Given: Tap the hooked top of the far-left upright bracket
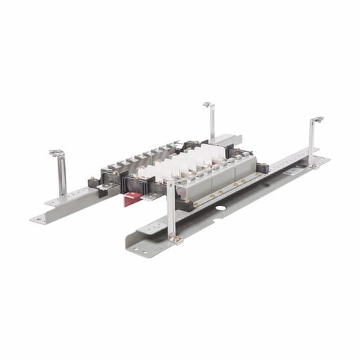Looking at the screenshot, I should tap(56, 153).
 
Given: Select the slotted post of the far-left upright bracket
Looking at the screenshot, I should tap(62, 179).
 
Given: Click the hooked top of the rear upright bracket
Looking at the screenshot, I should tap(208, 105).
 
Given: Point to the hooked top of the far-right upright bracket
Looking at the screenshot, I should tap(317, 120).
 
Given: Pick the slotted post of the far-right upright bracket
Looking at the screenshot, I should tap(311, 144).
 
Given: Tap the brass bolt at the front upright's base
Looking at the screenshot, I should tap(177, 239).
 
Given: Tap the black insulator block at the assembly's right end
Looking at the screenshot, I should tap(262, 168).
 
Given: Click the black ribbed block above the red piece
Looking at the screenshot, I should tap(133, 184).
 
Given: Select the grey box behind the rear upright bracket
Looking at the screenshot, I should tap(226, 140).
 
